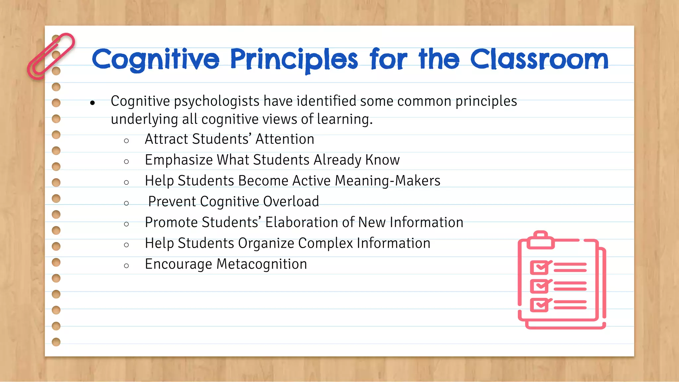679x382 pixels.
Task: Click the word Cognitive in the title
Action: pos(155,60)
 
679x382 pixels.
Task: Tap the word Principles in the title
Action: pos(294,60)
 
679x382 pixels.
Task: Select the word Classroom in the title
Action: pos(539,60)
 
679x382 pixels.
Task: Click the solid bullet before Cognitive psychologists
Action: pos(93,103)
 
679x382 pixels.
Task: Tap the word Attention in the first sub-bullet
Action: pos(285,139)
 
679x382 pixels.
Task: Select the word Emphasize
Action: pos(178,160)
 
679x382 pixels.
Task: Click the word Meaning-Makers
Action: pos(388,181)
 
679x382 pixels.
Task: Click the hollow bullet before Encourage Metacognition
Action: pos(126,266)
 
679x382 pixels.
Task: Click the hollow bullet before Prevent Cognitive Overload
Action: pos(126,203)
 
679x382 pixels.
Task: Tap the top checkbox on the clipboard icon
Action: pos(539,267)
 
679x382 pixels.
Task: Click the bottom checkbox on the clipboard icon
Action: pos(539,305)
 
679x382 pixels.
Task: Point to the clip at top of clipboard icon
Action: pos(541,240)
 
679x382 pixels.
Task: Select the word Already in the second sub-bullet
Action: pos(337,160)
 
